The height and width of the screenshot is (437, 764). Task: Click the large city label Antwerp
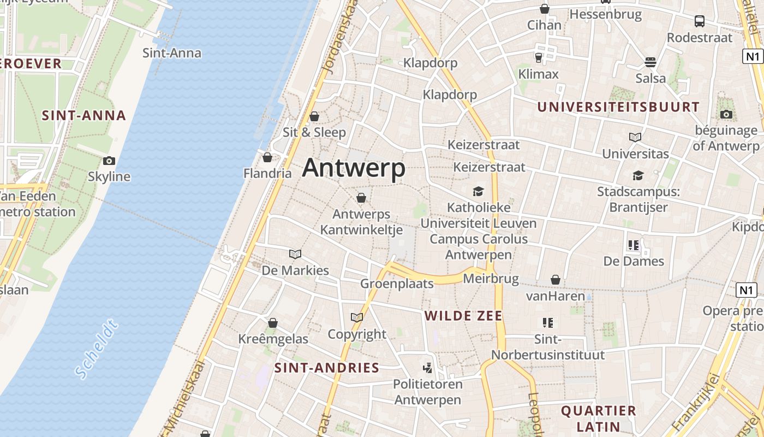coord(354,168)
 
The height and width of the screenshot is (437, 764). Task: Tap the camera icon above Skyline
coord(109,161)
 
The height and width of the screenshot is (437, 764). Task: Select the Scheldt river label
coord(97,350)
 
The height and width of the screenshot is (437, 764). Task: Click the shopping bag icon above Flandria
coord(267,158)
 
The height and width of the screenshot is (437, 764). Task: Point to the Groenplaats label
coord(397,284)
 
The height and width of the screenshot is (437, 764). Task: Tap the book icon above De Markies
coord(295,254)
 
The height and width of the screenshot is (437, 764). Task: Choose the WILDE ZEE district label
coord(463,316)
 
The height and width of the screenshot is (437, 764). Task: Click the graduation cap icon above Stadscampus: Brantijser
coord(638,175)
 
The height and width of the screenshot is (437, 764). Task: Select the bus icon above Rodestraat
coord(700,21)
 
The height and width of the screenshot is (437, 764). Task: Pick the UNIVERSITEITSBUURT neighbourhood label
coord(618,107)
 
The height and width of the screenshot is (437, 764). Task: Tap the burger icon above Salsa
coord(650,62)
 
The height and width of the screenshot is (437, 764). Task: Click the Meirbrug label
coord(491,279)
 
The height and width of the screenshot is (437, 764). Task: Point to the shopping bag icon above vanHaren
coord(556,280)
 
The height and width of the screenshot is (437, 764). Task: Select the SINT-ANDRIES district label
coord(326,368)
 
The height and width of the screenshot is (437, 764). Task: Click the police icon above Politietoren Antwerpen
coord(428,368)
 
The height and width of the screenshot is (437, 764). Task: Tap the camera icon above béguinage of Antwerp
coord(726,114)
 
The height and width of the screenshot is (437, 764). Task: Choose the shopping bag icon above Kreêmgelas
coord(273,323)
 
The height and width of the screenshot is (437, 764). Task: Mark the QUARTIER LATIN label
coord(599,418)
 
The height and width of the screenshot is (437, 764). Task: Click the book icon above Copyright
coord(357,317)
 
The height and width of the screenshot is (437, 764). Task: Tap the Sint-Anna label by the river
coord(172,53)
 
